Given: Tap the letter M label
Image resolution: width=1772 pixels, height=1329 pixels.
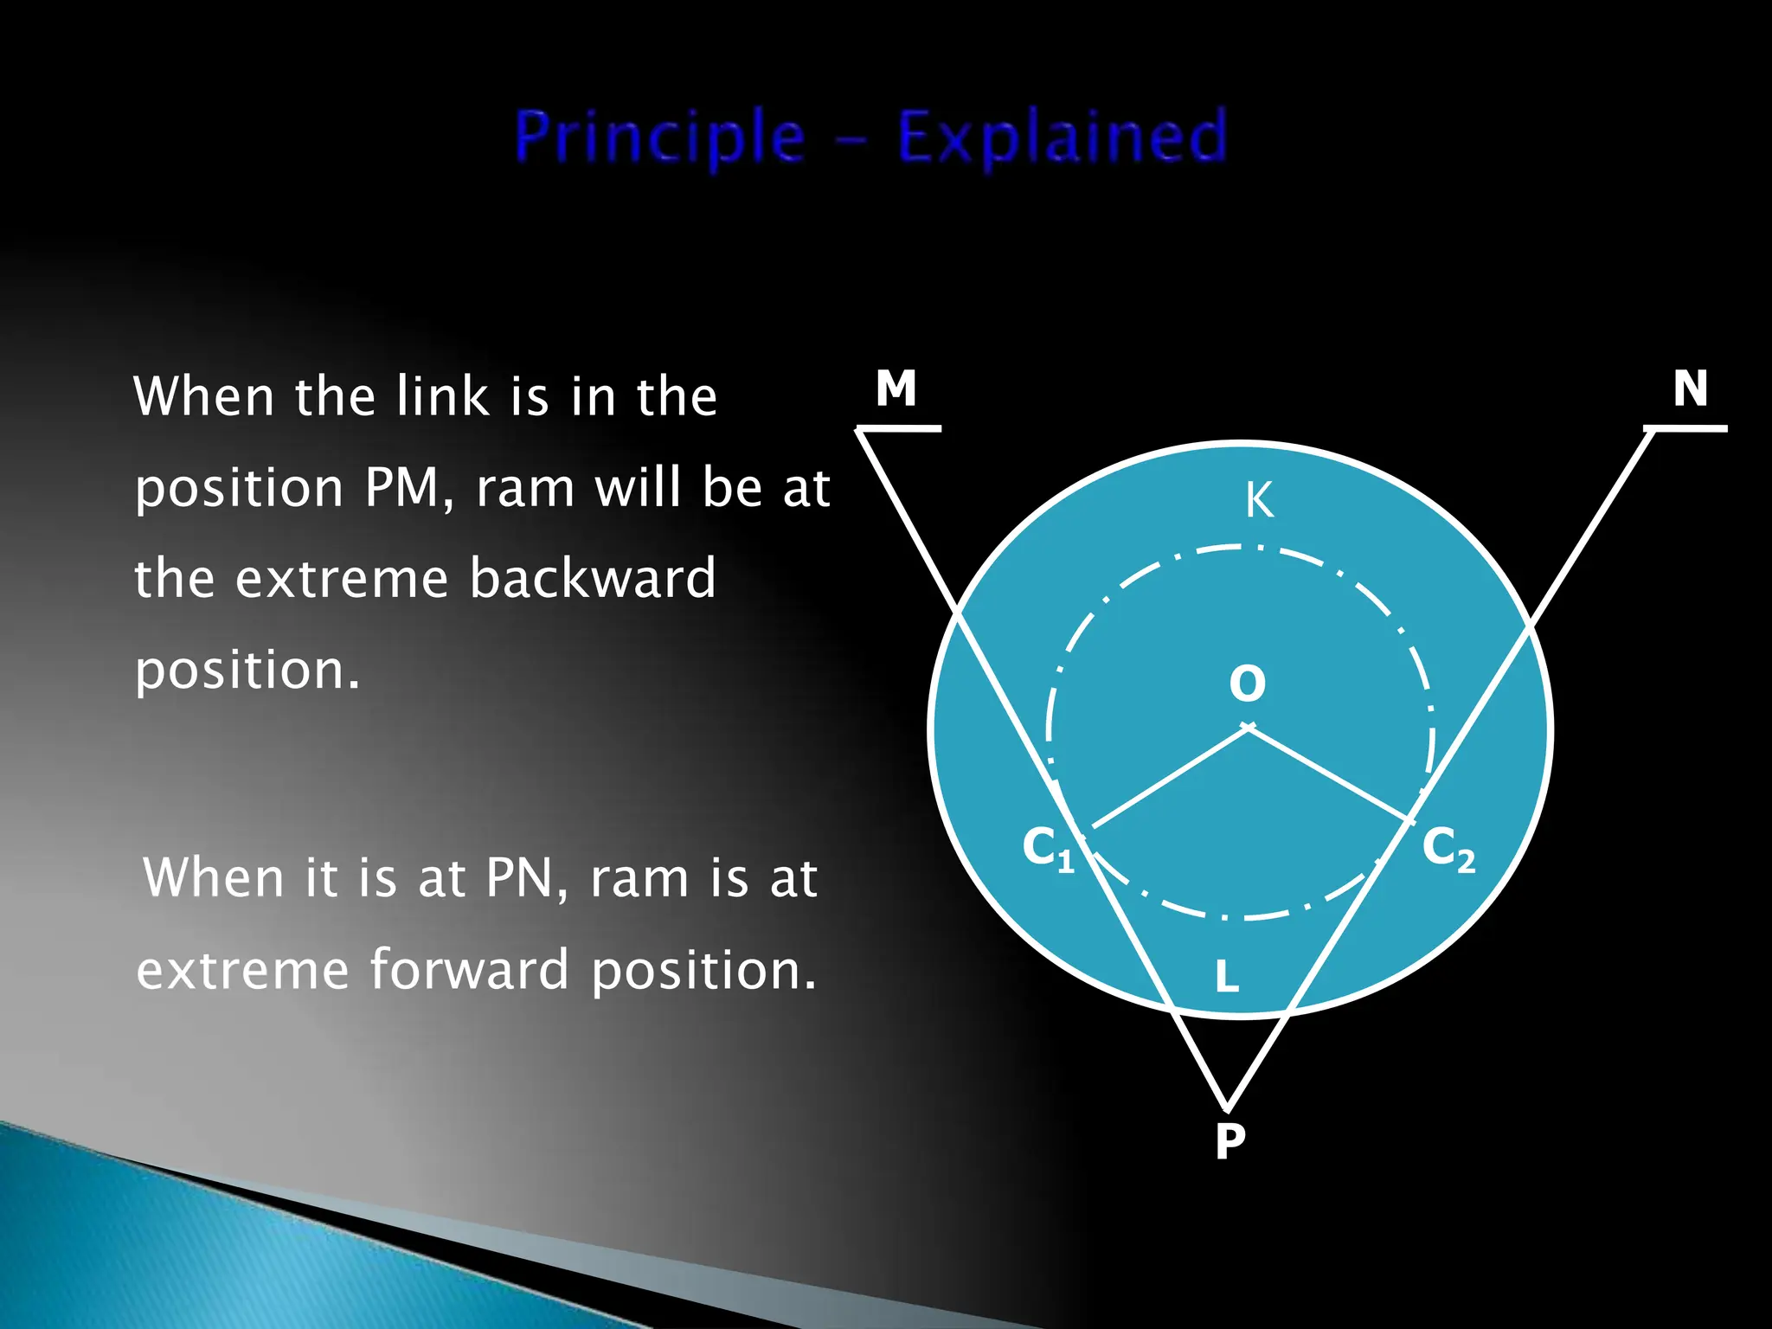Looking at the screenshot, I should [x=896, y=388].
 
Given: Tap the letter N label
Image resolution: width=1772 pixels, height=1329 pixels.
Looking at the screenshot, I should [x=1690, y=388].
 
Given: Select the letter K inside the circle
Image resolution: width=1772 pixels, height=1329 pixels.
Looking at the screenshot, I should [x=1259, y=501].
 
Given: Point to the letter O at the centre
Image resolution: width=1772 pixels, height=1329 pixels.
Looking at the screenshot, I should [x=1247, y=684].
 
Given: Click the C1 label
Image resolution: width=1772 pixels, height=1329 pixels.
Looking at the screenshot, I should [x=1048, y=848].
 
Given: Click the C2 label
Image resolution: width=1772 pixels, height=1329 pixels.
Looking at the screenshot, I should [x=1448, y=848].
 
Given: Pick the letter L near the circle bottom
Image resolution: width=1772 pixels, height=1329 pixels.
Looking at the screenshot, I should [x=1226, y=978].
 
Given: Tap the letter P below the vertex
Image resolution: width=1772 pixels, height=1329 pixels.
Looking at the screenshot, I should [x=1229, y=1141].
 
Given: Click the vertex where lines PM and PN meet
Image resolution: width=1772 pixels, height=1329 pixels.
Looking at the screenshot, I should [x=1227, y=1107].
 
